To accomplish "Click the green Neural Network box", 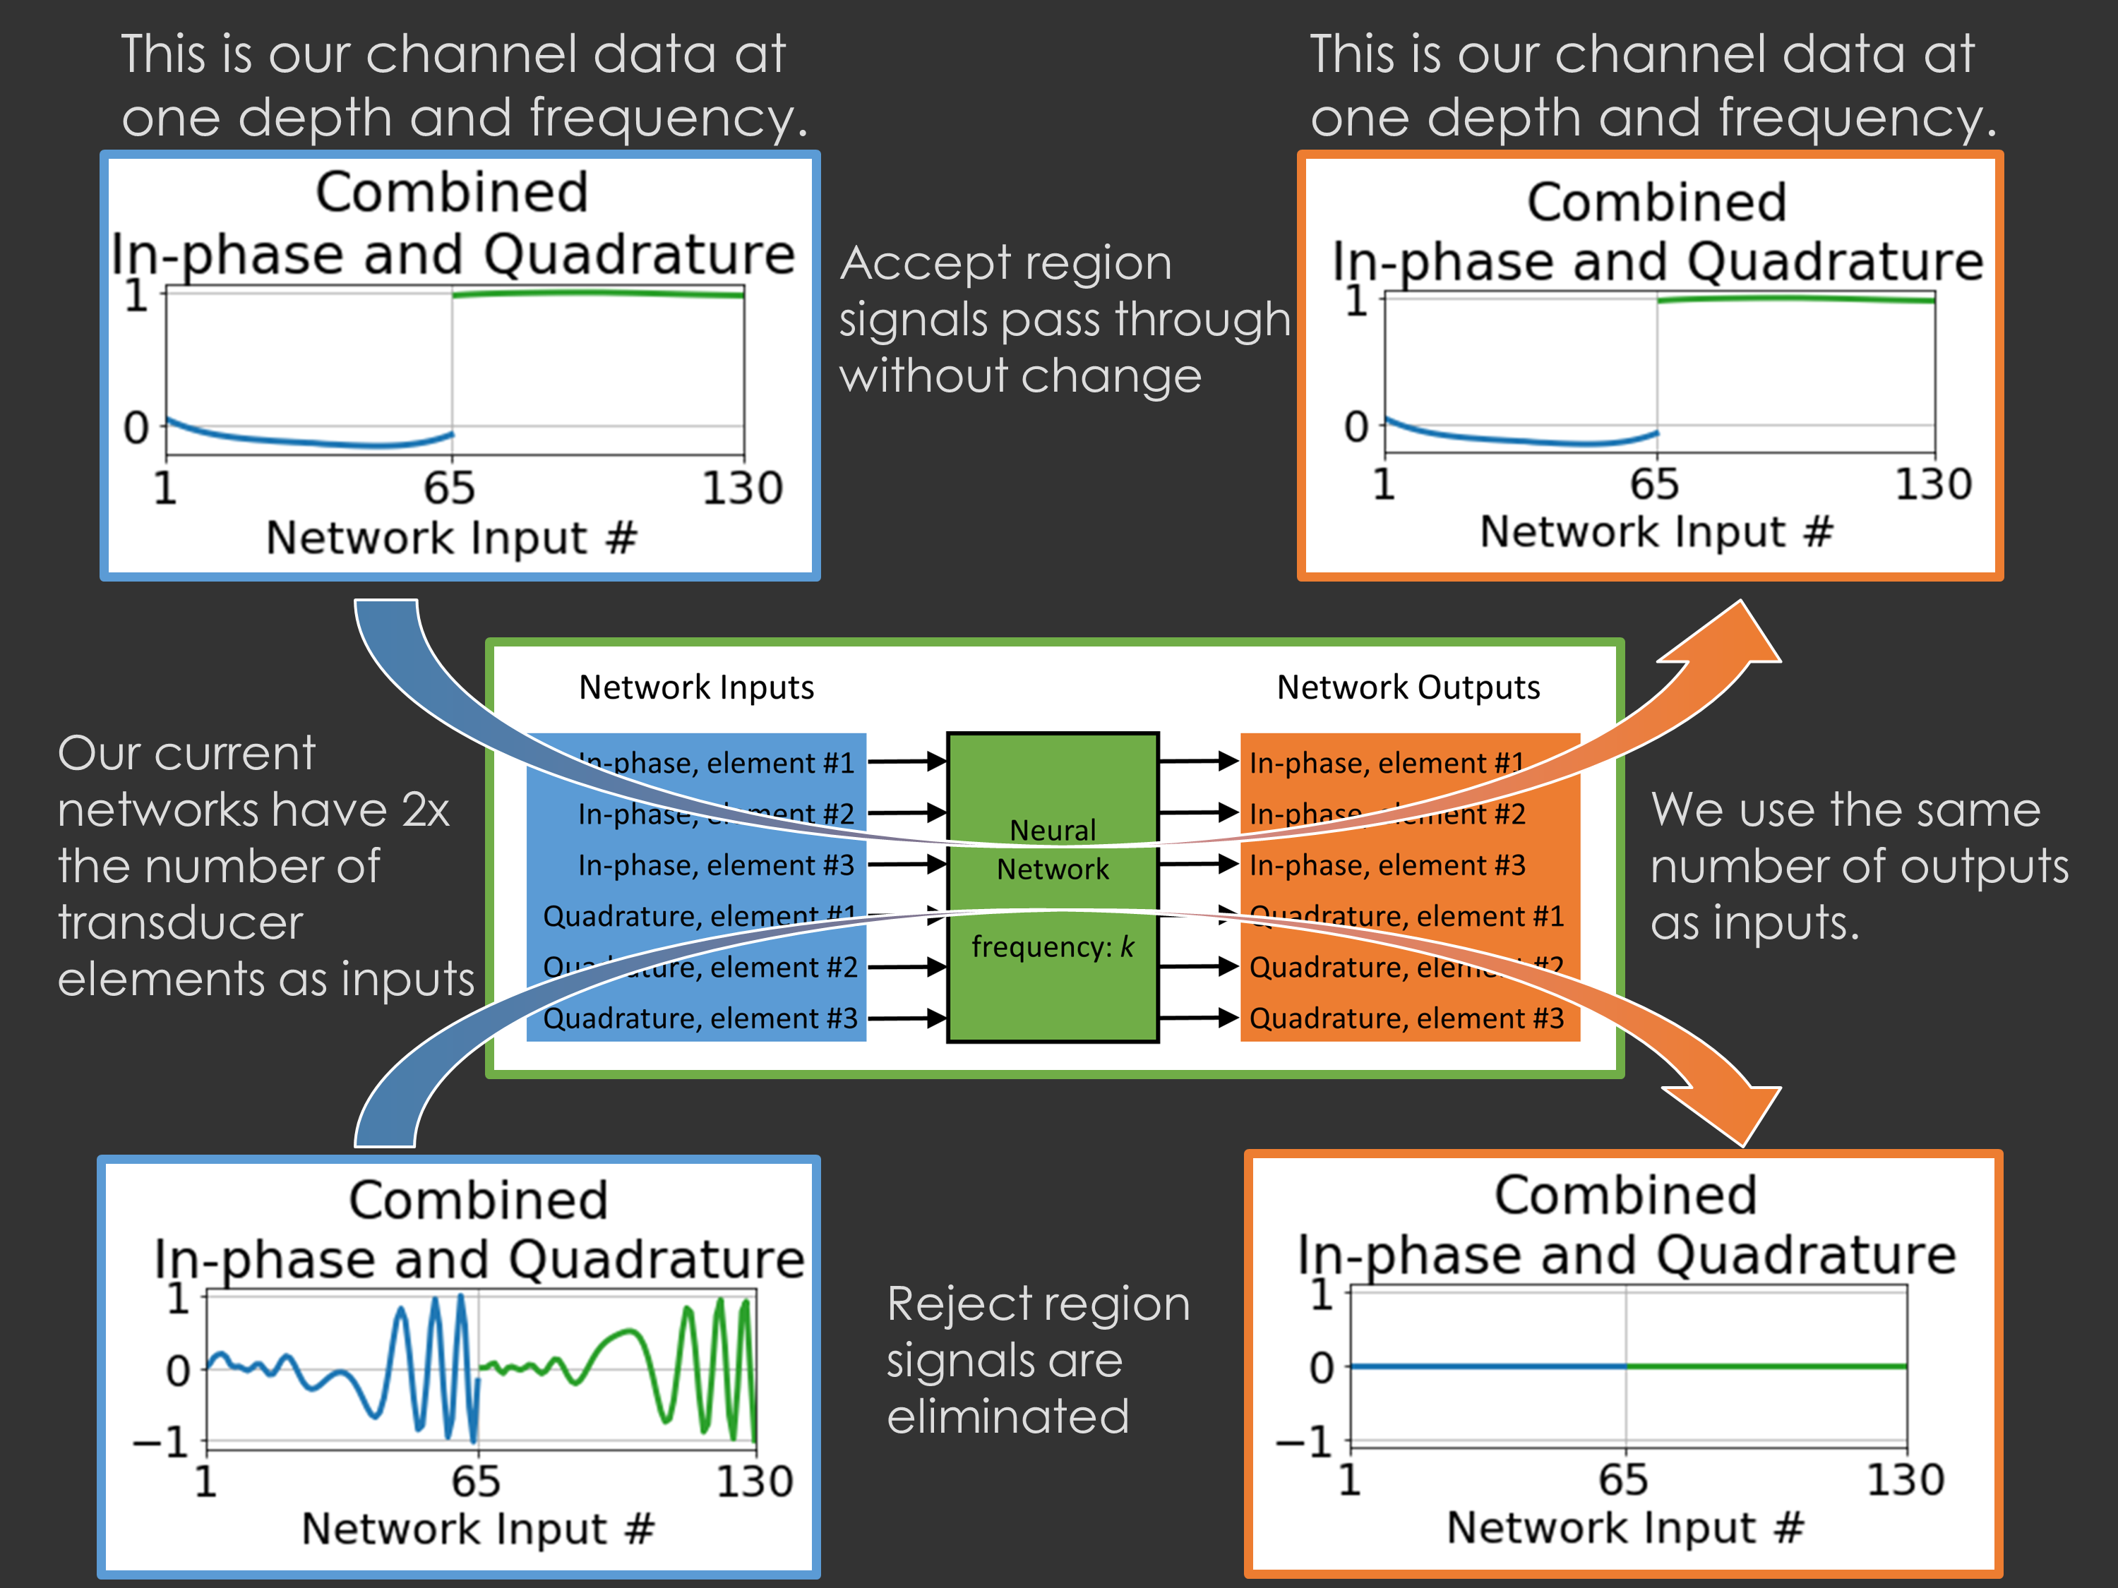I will (1053, 995).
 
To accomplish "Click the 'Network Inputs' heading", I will (696, 687).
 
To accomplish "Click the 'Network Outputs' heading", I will (1408, 687).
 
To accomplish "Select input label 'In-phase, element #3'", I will (715, 865).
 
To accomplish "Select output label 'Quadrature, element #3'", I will (1406, 1018).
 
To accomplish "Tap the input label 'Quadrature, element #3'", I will (700, 1018).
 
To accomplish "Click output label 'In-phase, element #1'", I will (1385, 763).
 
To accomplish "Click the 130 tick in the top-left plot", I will (742, 488).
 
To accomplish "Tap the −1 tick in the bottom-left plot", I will (161, 1441).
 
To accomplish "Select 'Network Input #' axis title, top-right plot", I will (1656, 531).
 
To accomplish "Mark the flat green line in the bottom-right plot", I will (1766, 1366).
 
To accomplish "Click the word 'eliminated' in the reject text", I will (1007, 1416).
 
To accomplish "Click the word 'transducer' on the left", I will (180, 922).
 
